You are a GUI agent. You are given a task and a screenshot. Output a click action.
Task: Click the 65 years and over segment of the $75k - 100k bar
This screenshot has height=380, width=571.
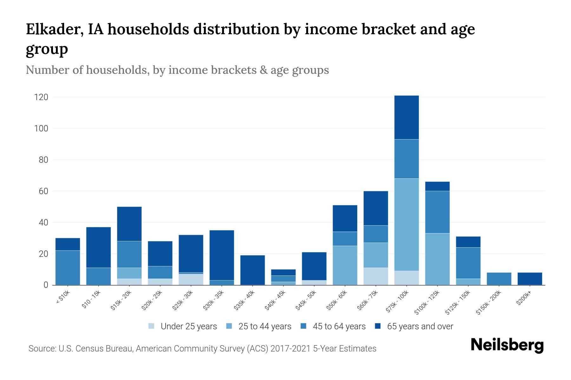(406, 117)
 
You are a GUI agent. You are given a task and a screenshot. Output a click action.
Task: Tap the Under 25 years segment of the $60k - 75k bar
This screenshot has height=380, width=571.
(376, 276)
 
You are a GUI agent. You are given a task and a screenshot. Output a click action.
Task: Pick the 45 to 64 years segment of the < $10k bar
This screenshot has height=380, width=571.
(68, 268)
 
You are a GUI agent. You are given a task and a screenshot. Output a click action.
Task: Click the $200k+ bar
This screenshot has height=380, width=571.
(529, 279)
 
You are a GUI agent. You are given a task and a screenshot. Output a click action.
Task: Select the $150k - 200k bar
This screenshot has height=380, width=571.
(499, 279)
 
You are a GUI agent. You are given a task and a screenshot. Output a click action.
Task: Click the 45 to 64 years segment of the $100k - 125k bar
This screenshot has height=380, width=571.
(437, 212)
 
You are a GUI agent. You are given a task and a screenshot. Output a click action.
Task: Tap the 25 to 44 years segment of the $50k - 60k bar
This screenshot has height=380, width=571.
(345, 265)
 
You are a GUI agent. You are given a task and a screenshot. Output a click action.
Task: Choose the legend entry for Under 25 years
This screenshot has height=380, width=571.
(188, 326)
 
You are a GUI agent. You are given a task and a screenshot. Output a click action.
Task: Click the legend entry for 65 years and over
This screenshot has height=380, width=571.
(420, 326)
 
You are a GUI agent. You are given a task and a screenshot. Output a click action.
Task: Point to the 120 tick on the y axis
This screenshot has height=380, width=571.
(41, 97)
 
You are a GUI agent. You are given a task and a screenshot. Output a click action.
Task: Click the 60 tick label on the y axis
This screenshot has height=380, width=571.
(43, 191)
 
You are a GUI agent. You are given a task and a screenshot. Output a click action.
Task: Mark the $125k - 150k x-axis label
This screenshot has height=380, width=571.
(459, 302)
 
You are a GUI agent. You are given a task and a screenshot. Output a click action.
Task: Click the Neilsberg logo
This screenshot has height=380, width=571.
(507, 345)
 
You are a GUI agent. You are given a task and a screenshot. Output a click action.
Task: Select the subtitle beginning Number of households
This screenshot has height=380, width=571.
(177, 70)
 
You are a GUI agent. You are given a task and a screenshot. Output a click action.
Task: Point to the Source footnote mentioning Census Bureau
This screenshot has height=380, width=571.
(202, 349)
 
